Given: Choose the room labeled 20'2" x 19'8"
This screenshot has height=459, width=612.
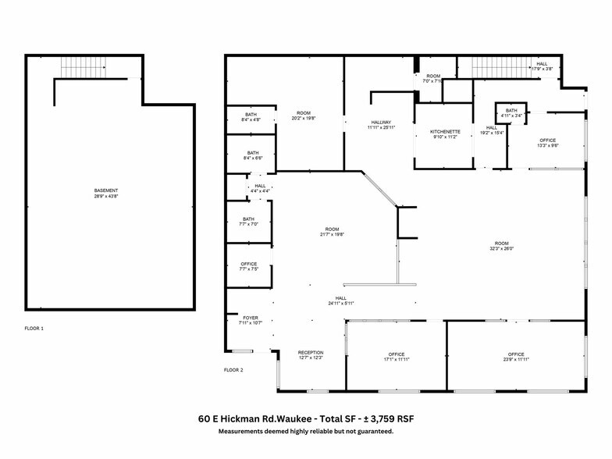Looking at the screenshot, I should click(x=303, y=116).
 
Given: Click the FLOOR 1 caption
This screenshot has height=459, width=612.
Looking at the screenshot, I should click(x=34, y=329).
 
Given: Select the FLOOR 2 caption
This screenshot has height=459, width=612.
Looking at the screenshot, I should click(x=233, y=370).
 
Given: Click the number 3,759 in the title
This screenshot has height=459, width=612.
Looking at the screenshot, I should click(x=369, y=419).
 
